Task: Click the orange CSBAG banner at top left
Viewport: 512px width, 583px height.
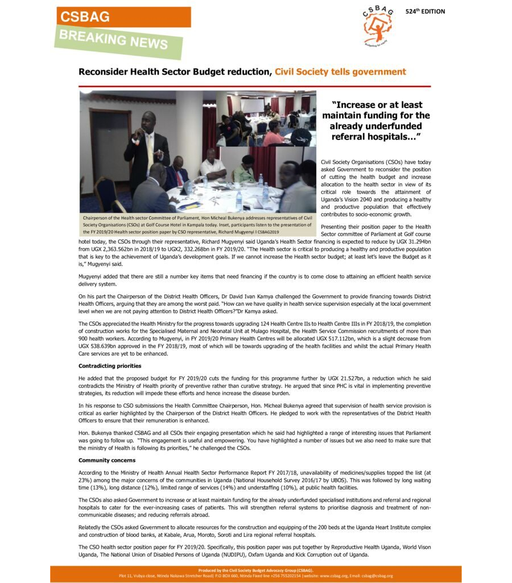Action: tap(123, 17)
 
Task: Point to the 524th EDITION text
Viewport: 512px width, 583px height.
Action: tap(425, 11)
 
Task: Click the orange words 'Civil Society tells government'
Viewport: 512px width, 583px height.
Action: tap(340, 72)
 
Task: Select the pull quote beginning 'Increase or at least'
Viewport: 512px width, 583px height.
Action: tap(376, 121)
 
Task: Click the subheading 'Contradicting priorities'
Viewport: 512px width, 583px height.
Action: tap(110, 366)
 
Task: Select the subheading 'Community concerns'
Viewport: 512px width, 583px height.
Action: tap(106, 460)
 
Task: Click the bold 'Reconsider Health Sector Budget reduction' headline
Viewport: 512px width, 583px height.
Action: tap(175, 72)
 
